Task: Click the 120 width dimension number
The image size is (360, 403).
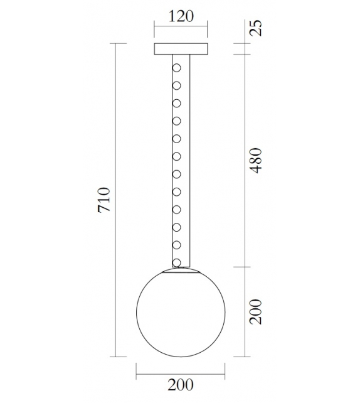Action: (180, 16)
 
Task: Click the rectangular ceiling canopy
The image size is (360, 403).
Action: (180, 49)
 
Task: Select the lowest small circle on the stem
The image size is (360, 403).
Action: (177, 262)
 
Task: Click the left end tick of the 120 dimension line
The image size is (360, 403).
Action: (154, 28)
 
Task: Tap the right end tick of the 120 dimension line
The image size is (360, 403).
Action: (206, 28)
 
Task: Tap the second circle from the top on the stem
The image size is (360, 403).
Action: (177, 84)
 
